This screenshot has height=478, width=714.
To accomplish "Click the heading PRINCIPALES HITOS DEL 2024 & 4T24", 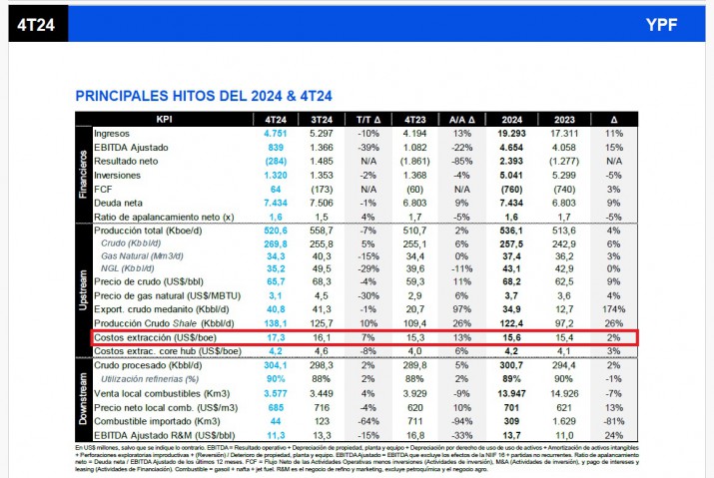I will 204,96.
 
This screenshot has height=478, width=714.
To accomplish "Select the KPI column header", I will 165,119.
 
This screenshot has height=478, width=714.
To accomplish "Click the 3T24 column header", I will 322,119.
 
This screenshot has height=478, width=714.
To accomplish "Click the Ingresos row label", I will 112,133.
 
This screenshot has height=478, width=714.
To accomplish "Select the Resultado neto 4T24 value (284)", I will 275,161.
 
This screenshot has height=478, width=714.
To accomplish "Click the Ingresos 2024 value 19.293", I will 510,133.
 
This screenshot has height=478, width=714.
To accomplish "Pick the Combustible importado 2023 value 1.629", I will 564,421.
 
